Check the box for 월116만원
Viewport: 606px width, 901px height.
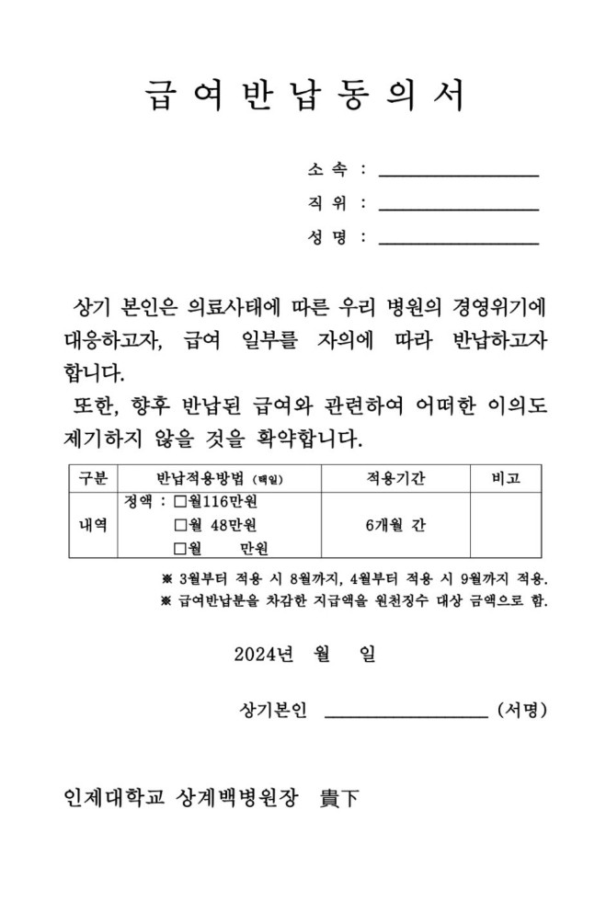180,502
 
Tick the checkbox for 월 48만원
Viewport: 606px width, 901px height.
180,525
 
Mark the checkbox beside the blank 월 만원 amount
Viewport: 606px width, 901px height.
180,549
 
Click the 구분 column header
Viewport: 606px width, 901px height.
93,478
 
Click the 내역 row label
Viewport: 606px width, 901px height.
93,525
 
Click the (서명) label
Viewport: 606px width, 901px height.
521,710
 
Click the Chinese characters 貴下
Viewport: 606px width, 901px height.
339,798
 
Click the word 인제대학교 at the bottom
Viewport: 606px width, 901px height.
112,798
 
